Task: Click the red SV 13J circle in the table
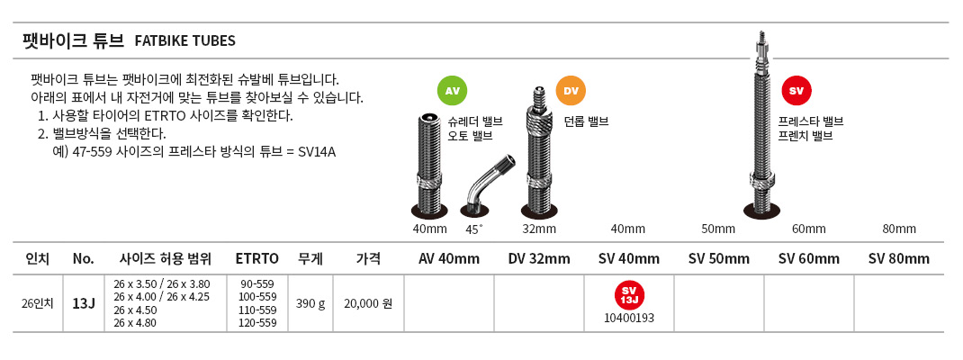coord(629,294)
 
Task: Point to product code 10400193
coord(629,319)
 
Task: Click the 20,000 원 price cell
coord(368,303)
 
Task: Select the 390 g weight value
coord(310,303)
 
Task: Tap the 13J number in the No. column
coord(83,303)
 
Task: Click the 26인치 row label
coord(39,303)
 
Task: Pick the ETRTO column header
coord(257,258)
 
